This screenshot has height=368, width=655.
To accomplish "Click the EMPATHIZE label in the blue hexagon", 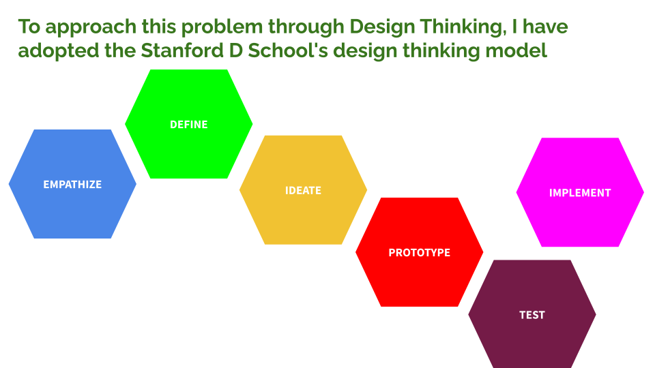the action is point(72,185).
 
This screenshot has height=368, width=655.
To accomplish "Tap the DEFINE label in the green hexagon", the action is point(189,124).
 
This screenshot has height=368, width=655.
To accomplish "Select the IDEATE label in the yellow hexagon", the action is point(303,191).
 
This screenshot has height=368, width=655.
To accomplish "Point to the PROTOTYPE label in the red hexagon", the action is point(420,252).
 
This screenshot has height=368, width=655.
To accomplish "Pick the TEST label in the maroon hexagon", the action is point(532,315).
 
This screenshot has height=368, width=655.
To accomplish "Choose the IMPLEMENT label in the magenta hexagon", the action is point(580,193).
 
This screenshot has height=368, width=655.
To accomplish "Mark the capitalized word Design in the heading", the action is point(382,27).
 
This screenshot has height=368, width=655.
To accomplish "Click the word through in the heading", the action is point(306,27).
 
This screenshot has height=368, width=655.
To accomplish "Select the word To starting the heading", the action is point(29,27).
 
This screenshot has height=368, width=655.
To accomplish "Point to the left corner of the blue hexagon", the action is point(9,184).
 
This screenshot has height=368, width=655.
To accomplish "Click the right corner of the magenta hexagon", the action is point(643,192).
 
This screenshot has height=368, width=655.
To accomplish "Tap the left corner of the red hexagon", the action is point(355,252).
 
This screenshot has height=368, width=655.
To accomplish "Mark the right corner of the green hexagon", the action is point(252,124).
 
